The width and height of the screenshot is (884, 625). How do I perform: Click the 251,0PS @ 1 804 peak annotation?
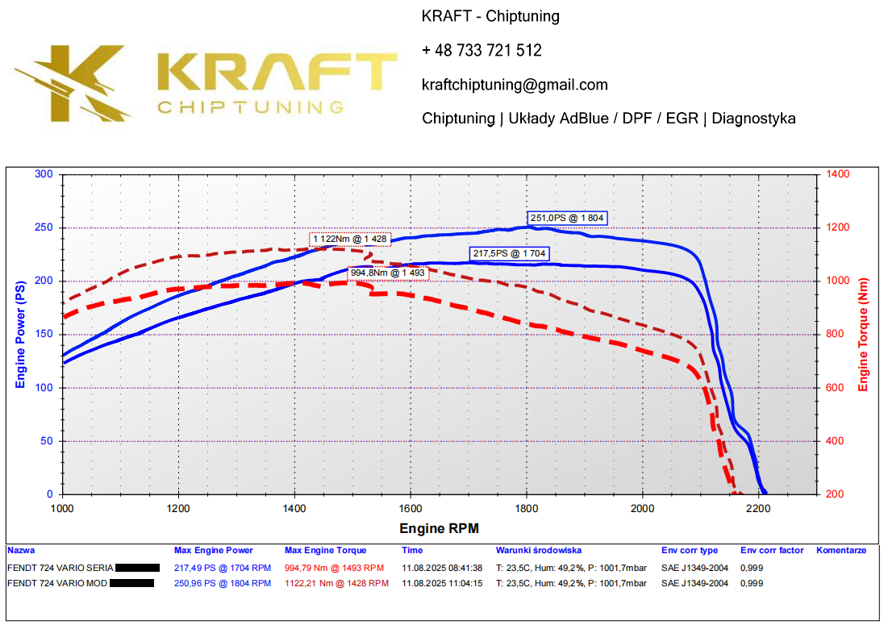pos(566,218)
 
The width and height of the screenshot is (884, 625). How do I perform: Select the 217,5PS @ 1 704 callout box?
pos(509,254)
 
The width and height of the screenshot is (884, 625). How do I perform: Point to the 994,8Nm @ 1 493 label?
pos(387,273)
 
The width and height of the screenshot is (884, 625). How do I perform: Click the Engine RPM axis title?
pos(439,529)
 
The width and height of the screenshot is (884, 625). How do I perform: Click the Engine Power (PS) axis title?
pos(20,335)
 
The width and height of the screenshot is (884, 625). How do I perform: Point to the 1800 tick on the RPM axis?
pos(527,509)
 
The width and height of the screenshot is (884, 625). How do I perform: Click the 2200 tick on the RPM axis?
pos(759,509)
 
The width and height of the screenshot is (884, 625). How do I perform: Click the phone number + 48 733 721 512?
pos(482,50)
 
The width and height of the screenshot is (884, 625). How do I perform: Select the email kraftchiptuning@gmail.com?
pos(515,85)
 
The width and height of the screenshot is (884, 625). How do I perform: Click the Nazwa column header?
pos(21,551)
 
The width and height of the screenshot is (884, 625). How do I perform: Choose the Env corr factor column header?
pos(772,551)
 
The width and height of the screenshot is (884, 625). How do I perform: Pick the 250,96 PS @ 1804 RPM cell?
pos(223,583)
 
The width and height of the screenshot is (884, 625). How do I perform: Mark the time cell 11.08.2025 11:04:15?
pos(442,583)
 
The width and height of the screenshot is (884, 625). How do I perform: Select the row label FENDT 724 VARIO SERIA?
pos(60,568)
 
